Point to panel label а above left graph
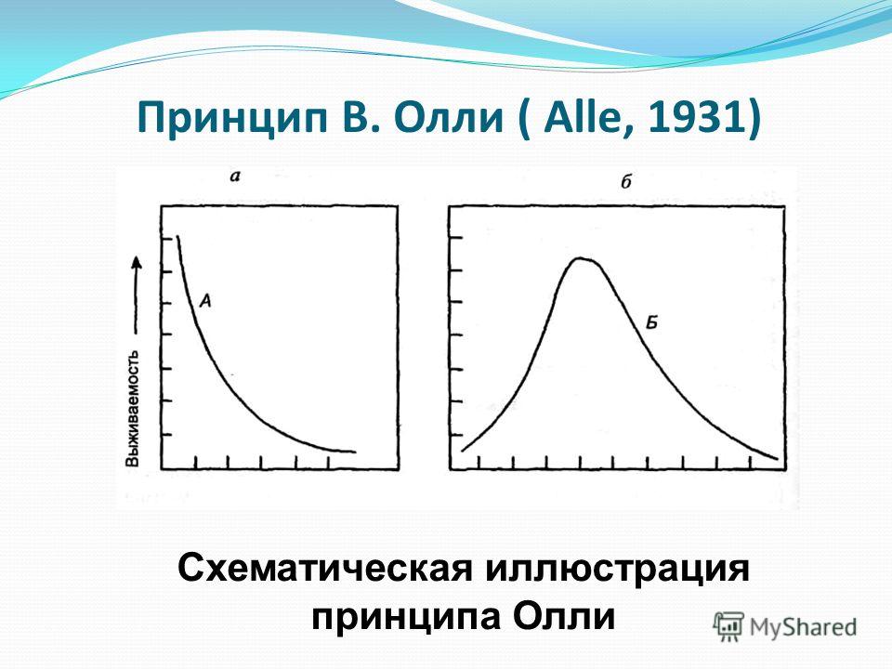click(234, 175)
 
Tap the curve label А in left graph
click(206, 299)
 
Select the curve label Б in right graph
click(651, 322)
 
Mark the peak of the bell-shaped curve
click(584, 258)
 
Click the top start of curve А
click(177, 238)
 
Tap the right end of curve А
click(354, 452)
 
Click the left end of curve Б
click(463, 450)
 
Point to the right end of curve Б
click(777, 457)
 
